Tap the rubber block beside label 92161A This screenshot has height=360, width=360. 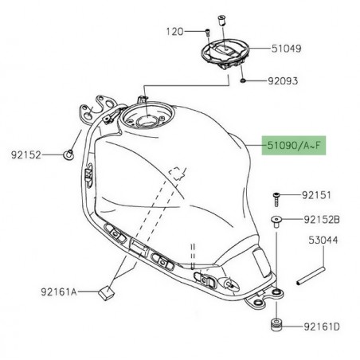[x=104, y=292]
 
